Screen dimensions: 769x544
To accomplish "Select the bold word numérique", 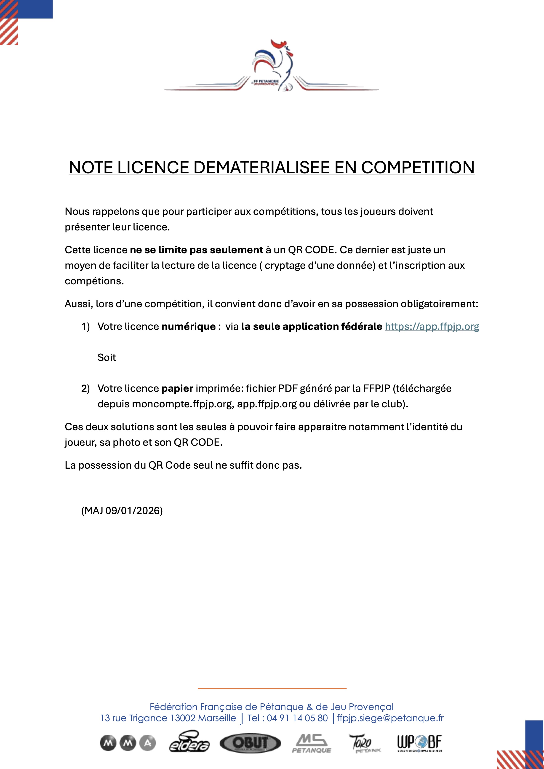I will point(188,327).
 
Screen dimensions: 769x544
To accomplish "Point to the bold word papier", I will point(177,389).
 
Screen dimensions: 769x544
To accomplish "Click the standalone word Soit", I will point(107,358).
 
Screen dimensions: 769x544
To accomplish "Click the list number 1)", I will point(86,327).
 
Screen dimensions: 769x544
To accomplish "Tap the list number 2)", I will point(86,389).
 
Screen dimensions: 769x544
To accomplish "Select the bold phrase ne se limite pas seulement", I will point(196,250).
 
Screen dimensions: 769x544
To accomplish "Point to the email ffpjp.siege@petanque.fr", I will point(390,718).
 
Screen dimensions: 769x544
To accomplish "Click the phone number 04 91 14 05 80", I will point(297,718).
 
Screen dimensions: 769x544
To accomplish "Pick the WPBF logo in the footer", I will point(419,743).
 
